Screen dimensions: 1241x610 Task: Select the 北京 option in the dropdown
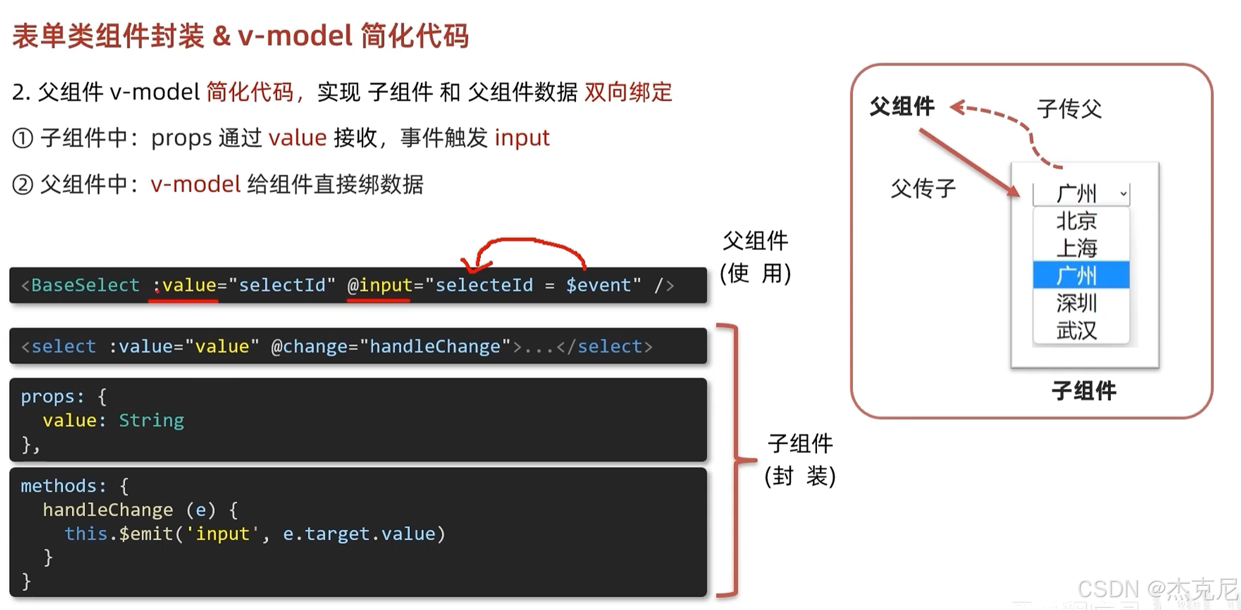coord(1077,221)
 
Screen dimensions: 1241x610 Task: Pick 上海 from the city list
coord(1077,248)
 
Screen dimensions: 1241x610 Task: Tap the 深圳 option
coord(1077,303)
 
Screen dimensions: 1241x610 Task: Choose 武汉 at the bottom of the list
coord(1077,330)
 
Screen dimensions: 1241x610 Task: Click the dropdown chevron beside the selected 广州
coord(1123,194)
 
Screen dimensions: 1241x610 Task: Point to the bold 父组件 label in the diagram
coord(902,106)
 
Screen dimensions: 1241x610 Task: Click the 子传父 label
coord(1069,109)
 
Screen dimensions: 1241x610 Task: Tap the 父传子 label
coord(923,189)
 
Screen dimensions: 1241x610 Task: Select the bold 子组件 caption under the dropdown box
coord(1083,390)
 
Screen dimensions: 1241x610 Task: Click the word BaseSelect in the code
coord(85,285)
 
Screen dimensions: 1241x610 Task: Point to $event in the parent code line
coord(599,285)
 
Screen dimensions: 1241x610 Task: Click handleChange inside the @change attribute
coord(435,347)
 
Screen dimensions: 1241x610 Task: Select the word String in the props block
coord(151,420)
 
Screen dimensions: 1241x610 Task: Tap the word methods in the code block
coord(58,486)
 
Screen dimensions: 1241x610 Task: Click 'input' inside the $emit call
coord(223,534)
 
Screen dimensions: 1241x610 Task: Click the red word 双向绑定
coord(628,92)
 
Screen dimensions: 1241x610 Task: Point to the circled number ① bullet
coord(23,139)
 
